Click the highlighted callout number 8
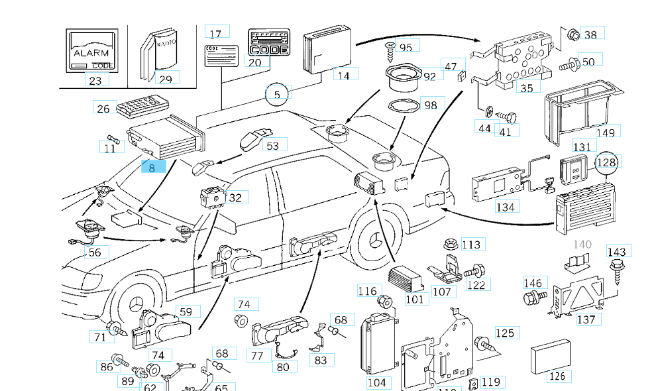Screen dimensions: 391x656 (x=152, y=168)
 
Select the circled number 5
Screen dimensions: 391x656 (x=277, y=95)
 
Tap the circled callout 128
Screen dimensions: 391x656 (x=606, y=162)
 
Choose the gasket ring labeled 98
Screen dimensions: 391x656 (x=404, y=106)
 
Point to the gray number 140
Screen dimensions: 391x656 (x=582, y=245)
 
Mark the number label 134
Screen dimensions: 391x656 (x=505, y=207)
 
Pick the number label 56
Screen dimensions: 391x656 (x=95, y=252)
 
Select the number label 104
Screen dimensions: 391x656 (x=376, y=382)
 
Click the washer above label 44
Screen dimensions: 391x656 (x=488, y=111)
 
